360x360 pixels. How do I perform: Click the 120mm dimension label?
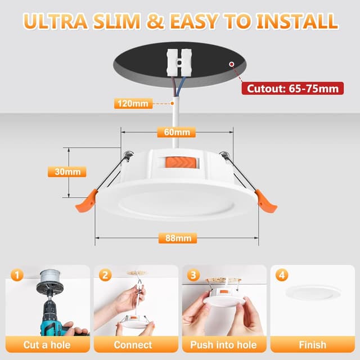tap(133, 103)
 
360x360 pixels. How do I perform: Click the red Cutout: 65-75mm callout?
tap(292, 88)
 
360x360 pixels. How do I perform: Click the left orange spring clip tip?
tap(86, 201)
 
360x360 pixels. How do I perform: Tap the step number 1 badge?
tap(17, 275)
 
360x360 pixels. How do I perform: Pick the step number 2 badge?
tap(105, 275)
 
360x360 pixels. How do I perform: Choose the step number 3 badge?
tap(193, 275)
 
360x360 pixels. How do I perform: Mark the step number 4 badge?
tap(282, 275)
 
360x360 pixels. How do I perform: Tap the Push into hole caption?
tap(223, 344)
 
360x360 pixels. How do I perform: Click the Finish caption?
tap(313, 344)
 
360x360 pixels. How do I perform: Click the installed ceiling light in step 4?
tap(313, 292)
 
